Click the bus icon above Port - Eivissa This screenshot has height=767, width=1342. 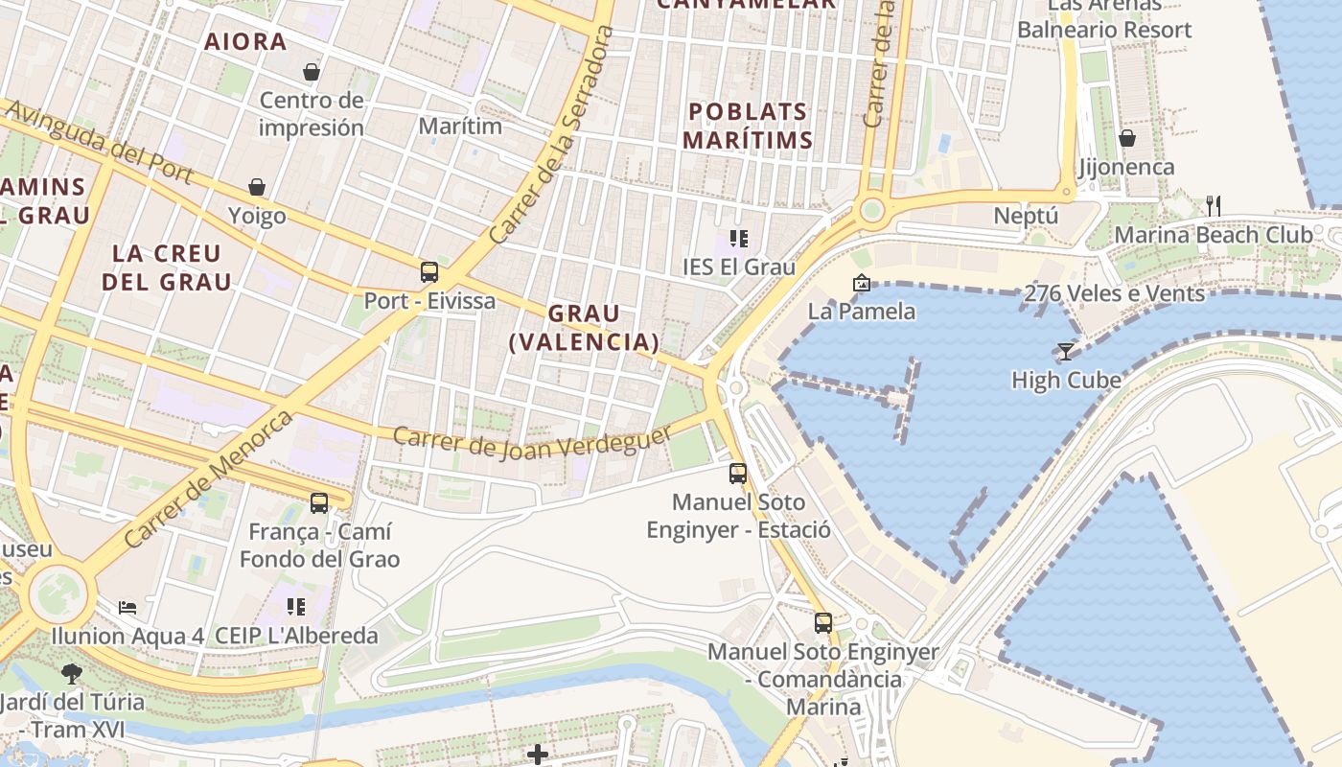pos(429,271)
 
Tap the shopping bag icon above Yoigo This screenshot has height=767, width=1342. pos(257,186)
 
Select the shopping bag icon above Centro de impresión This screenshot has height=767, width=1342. pos(312,71)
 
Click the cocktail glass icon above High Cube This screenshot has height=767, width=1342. pos(1065,351)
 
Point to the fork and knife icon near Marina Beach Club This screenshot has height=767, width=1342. pos(1214,204)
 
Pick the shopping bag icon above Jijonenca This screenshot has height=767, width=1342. pos(1127,138)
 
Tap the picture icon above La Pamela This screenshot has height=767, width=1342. pos(861,283)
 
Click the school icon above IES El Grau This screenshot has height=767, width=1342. pos(738,238)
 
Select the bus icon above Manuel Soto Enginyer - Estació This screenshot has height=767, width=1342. pos(738,473)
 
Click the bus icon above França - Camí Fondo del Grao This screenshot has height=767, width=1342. pos(319,502)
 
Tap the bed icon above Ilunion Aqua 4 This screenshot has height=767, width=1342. pos(127,607)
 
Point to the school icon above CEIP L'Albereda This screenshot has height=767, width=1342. pos(296,606)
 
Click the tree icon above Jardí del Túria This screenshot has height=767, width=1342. pos(72,673)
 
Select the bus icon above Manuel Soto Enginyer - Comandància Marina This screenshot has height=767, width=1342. pos(823,623)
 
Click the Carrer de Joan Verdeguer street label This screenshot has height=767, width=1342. pos(533,442)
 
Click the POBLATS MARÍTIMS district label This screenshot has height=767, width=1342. pos(749,126)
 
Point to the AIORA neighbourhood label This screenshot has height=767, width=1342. pos(246,41)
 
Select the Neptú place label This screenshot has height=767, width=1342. pos(1026,216)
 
